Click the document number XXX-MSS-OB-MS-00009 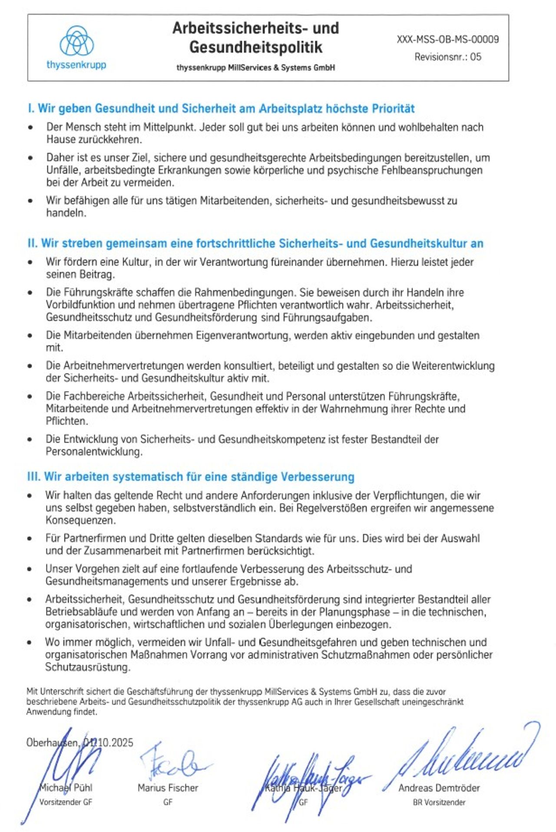447,40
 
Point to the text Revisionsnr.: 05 447,57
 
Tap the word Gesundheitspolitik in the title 255,47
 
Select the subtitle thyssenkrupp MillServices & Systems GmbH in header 255,68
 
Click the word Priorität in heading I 393,108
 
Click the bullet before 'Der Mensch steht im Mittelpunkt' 30,128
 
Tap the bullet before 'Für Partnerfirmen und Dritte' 30,539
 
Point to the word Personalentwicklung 94,452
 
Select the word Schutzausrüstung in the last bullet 87,667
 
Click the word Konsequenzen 80,520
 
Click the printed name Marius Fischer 168,788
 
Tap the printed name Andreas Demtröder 439,788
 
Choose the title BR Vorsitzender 439,802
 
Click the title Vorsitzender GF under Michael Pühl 66,802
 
